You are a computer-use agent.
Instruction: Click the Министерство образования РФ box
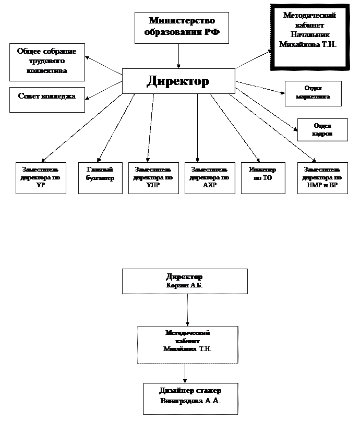point(182,28)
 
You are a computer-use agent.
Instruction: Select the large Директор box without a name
point(178,81)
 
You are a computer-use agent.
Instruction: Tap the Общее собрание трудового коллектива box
point(47,62)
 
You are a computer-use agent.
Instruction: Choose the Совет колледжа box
point(47,100)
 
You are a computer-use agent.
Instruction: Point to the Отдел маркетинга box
point(313,93)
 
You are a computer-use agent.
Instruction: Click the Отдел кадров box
point(322,130)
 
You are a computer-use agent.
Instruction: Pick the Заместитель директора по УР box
point(41,178)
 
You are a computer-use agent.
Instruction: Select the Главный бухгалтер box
point(100,178)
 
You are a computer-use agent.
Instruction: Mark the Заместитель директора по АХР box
point(209,178)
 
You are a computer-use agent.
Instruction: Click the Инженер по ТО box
point(263,178)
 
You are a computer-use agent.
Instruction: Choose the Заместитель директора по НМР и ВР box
point(322,178)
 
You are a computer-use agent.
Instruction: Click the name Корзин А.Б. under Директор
point(184,285)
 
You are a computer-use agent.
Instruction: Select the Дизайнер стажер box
point(190,399)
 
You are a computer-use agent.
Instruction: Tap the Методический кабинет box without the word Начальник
point(187,344)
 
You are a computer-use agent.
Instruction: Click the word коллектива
point(47,71)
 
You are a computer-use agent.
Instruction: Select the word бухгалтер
point(100,178)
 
